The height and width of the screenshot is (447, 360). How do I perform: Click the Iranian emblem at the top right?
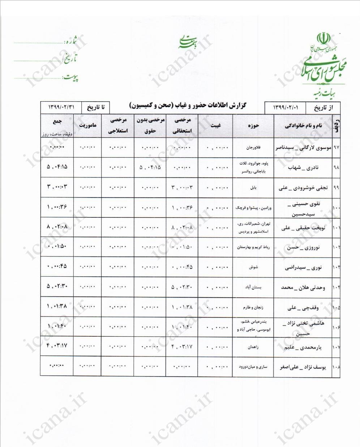point(323,39)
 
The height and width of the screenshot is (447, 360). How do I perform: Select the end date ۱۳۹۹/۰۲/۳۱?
point(61,108)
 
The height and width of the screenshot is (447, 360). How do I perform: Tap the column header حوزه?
point(254,126)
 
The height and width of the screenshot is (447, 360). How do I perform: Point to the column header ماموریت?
point(87,126)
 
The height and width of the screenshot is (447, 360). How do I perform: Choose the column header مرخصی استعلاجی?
point(118,126)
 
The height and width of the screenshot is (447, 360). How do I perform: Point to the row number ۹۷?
point(336,148)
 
